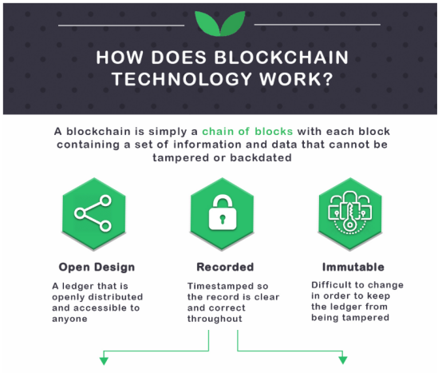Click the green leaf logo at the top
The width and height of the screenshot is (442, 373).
[220, 23]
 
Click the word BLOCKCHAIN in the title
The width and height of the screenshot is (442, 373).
[282, 58]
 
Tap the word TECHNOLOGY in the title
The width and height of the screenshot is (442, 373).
[182, 79]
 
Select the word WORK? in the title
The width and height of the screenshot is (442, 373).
[297, 79]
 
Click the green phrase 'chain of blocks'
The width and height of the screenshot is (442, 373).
[247, 132]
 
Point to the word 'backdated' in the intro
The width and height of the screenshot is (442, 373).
[261, 157]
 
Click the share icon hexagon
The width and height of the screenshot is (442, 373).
[93, 214]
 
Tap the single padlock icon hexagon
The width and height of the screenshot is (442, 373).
[222, 214]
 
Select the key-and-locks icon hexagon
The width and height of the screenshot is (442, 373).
[350, 214]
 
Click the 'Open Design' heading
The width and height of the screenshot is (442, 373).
[97, 268]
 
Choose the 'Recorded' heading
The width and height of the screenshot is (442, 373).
[225, 267]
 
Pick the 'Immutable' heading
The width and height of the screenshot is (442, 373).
[353, 267]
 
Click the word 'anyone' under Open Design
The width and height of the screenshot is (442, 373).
[69, 319]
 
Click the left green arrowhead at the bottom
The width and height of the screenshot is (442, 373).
[104, 361]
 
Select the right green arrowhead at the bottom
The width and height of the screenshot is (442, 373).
[343, 360]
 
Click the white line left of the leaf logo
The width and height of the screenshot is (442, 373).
[121, 26]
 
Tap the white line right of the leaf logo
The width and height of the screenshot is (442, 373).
[317, 25]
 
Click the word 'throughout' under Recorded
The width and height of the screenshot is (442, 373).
[215, 319]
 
